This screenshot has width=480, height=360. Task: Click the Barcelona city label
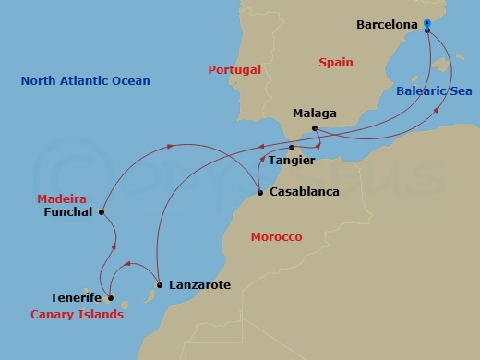coord(388,25)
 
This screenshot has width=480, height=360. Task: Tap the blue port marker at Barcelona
coord(428,28)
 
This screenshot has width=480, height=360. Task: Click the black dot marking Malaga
coord(315,127)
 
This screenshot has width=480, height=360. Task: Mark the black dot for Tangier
coord(292,148)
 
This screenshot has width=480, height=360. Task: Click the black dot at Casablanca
coord(259,193)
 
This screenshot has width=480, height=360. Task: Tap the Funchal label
coord(68,211)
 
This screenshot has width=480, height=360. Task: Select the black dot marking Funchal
coord(102,211)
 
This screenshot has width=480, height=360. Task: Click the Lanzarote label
coord(199,285)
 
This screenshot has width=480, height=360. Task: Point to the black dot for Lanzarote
coord(160,285)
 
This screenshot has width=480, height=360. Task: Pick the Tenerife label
coord(75,298)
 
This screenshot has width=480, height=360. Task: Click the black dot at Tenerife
coord(110,298)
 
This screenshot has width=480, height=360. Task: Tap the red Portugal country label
coord(234,69)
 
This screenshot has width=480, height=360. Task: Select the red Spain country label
coord(336,62)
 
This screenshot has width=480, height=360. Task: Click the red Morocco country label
coord(276,237)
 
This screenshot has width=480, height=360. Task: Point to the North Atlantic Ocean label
coord(85,81)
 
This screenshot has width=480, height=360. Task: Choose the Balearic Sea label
coord(433,91)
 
